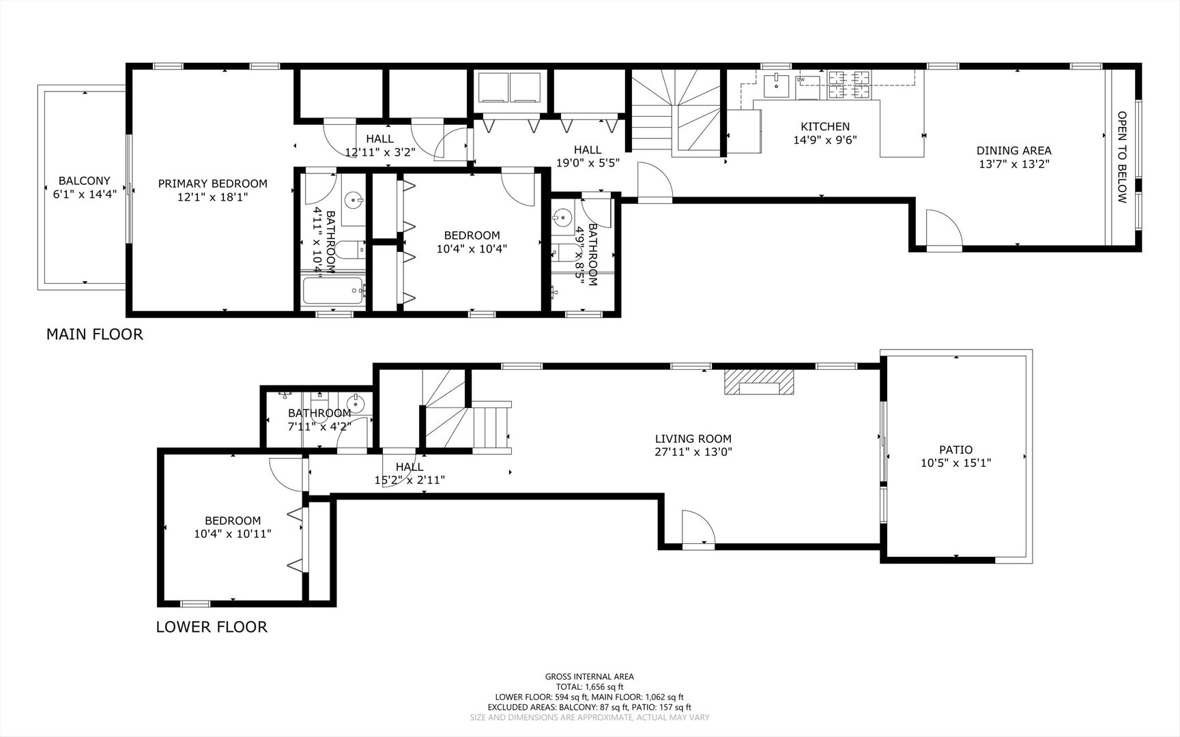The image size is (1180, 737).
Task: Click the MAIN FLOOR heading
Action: [94, 334]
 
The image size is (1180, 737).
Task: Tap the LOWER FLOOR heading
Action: [212, 626]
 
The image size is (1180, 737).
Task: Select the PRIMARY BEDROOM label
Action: [212, 184]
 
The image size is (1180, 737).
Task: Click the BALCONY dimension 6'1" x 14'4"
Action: [85, 193]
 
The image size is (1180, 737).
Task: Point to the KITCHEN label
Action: [824, 126]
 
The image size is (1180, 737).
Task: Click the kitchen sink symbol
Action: [776, 87]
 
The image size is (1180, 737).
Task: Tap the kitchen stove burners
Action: [850, 84]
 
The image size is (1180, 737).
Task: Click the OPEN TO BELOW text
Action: [1121, 157]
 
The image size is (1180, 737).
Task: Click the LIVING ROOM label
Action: [693, 439]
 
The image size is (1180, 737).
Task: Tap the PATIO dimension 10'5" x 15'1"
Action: [955, 463]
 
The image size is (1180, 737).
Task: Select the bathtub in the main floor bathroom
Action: [334, 293]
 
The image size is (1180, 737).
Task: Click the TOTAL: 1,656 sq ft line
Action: [589, 687]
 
